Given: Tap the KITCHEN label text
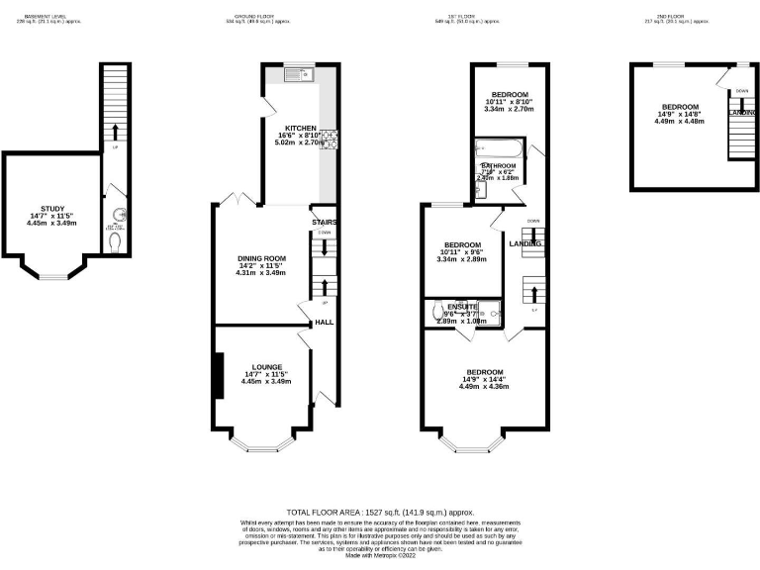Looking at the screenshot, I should click(x=301, y=129).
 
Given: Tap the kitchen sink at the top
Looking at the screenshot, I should click(x=296, y=72).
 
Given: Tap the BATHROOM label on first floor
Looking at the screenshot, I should click(x=499, y=165).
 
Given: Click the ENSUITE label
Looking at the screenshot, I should click(x=461, y=307).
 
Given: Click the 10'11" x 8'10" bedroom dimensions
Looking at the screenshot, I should click(x=510, y=103).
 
